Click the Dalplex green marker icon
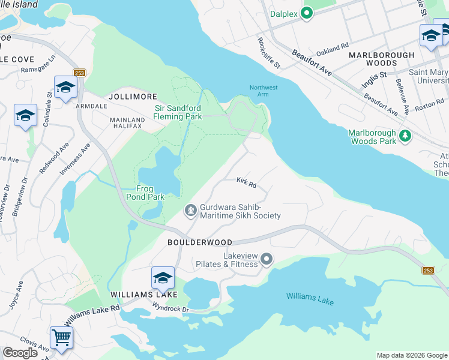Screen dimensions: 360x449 (x=307, y=13)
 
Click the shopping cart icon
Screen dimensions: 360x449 (x=61, y=337)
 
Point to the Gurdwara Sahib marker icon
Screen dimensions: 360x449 (x=191, y=210)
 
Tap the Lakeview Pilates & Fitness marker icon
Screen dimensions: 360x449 (x=267, y=259)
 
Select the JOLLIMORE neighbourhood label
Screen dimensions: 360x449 (x=133, y=96)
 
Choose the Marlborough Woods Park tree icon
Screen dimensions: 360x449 (x=406, y=136)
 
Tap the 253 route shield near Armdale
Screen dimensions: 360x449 (x=80, y=73)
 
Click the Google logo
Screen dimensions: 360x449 (x=20, y=353)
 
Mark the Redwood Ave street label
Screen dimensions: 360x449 (x=63, y=158)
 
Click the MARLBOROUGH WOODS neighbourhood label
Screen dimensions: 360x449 (x=382, y=59)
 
